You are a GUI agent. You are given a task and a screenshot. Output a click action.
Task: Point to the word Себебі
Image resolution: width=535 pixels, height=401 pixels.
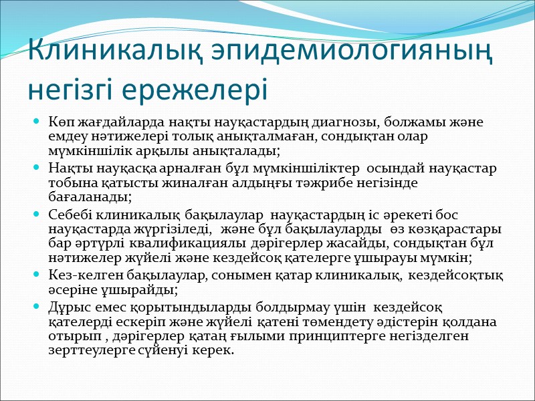68,215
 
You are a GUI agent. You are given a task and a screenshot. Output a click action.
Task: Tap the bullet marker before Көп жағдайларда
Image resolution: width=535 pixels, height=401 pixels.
37,124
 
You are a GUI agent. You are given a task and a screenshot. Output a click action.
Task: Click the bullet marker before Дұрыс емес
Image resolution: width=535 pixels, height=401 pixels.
37,309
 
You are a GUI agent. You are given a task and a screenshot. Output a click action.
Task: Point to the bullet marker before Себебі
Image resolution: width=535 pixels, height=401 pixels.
37,215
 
